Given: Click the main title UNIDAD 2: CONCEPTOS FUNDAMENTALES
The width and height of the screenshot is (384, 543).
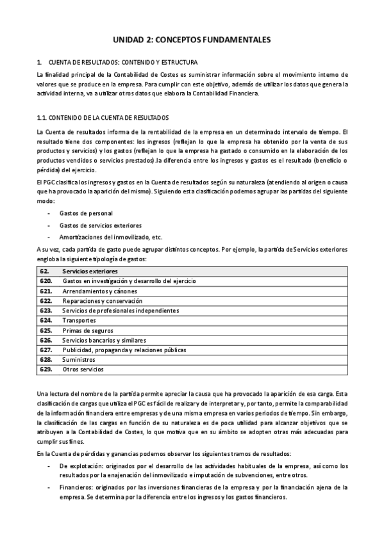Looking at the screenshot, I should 192,40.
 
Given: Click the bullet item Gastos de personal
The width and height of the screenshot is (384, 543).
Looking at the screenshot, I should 86,213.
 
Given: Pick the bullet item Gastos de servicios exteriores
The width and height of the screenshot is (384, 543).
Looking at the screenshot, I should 101,225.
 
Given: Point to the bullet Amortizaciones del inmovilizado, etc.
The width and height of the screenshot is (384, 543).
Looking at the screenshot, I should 111,237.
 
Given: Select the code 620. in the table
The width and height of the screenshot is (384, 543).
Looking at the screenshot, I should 46,281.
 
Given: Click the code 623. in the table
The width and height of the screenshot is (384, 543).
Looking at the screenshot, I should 46,311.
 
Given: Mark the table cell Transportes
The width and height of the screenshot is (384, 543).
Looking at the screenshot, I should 79,320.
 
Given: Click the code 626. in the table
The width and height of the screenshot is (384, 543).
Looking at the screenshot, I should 46,340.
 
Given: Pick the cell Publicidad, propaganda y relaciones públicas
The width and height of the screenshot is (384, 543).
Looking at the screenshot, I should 124,350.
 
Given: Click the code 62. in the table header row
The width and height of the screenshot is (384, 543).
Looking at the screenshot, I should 45,271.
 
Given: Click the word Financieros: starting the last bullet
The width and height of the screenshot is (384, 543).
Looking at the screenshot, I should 77,487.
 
